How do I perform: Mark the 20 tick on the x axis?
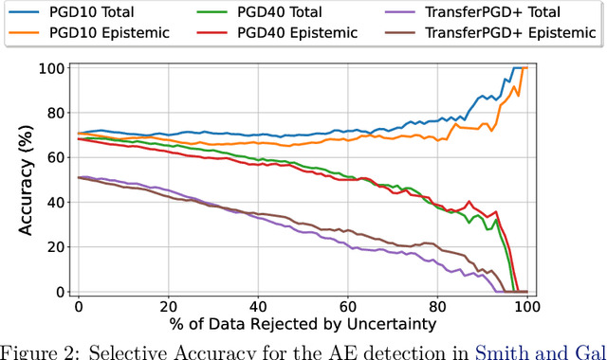click(168, 308)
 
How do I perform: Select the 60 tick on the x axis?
click(347, 308)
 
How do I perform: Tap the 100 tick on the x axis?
click(526, 308)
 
